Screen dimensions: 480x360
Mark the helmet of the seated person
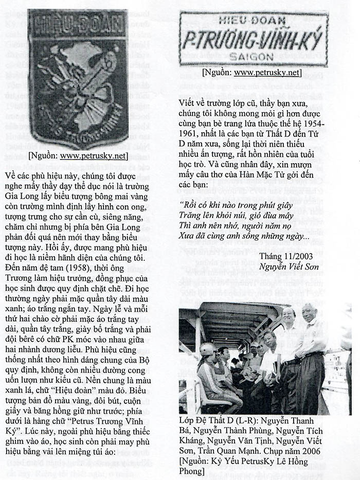click(x=208, y=349)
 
